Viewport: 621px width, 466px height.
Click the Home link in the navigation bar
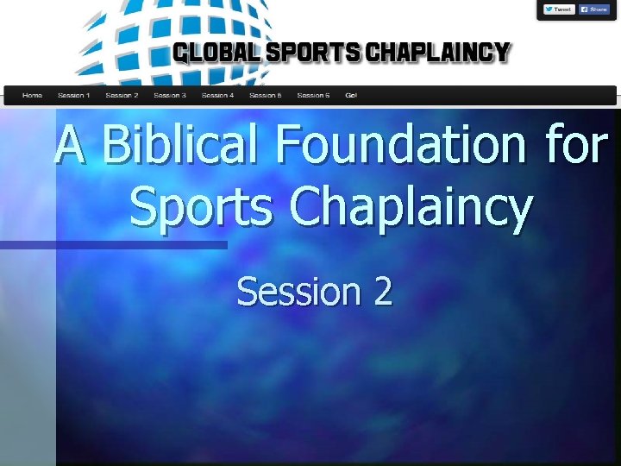[33, 95]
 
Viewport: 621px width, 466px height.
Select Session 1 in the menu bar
[73, 95]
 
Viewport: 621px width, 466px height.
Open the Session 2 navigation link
[122, 95]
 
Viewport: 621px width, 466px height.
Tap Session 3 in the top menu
[170, 95]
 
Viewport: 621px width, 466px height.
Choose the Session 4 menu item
[217, 95]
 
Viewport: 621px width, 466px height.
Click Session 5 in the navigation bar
[266, 95]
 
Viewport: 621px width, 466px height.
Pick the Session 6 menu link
[313, 95]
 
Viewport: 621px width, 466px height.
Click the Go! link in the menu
[351, 95]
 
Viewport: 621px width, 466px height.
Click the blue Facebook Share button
[594, 9]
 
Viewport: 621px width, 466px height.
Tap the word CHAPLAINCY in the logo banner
[438, 54]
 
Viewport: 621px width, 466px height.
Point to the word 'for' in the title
[576, 145]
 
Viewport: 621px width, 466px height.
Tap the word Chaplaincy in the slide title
[411, 210]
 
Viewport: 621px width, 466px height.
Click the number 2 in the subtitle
[382, 292]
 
